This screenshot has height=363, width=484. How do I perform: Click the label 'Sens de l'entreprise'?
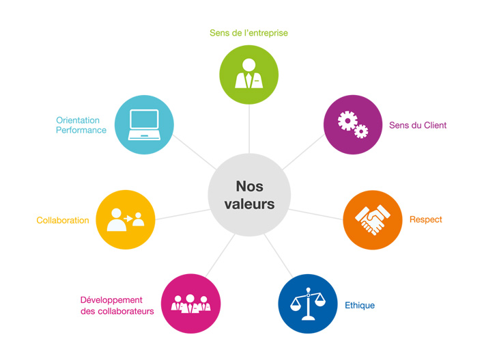click(x=248, y=33)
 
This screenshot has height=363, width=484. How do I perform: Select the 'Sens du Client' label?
click(x=418, y=125)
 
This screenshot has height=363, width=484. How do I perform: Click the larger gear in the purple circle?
click(x=347, y=120)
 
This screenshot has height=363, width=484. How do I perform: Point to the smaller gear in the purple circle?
click(x=361, y=131)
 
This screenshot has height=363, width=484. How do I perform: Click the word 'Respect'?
click(x=426, y=219)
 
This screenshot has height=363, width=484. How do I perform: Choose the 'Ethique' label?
click(x=360, y=306)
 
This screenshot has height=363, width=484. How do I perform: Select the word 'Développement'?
click(x=111, y=300)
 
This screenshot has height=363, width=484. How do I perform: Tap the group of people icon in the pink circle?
click(x=190, y=304)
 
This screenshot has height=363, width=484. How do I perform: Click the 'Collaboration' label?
click(x=63, y=220)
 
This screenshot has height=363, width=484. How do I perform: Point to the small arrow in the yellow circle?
click(x=128, y=219)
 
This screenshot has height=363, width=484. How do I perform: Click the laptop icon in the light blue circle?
click(x=144, y=124)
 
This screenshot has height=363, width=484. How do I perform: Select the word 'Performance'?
click(x=81, y=130)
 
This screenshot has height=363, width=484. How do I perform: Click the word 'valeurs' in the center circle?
click(x=249, y=204)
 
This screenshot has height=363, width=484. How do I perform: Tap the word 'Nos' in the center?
click(x=249, y=186)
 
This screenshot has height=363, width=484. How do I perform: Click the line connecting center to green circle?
click(x=249, y=129)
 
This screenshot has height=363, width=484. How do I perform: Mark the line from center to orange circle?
click(x=316, y=214)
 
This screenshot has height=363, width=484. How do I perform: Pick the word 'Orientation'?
click(x=78, y=120)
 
